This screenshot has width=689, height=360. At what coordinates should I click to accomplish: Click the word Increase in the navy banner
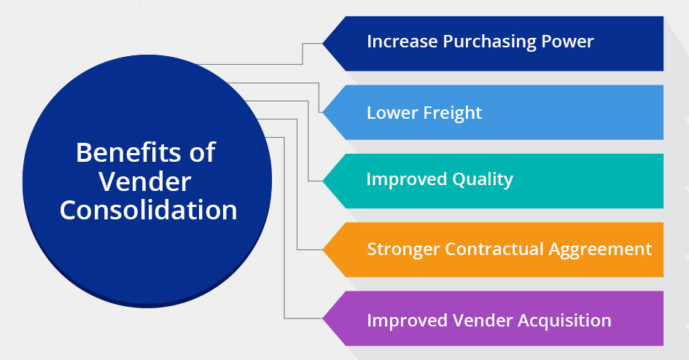(402, 42)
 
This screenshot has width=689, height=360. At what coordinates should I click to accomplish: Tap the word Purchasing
(489, 42)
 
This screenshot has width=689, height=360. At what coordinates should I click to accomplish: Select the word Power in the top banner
(567, 42)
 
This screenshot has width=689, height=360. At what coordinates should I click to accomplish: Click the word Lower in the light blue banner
(392, 113)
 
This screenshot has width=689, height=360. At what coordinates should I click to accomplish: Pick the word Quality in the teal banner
(483, 180)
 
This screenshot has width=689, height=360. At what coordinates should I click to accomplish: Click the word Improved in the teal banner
(407, 180)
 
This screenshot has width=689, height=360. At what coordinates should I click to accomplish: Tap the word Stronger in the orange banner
(403, 250)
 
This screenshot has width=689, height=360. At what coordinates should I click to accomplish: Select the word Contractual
(494, 249)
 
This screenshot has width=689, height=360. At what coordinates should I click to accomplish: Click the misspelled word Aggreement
(600, 250)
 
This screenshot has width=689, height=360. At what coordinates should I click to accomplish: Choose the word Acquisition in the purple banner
(564, 321)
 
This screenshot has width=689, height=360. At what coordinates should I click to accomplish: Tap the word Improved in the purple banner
(408, 321)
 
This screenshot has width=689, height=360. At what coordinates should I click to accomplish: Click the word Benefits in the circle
(128, 152)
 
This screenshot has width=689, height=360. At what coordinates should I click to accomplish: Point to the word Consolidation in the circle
(149, 210)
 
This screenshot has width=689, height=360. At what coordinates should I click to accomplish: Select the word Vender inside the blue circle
(144, 181)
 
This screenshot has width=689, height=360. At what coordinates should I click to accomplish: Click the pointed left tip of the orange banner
(323, 250)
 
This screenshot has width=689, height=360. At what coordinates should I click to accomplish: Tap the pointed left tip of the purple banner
(323, 318)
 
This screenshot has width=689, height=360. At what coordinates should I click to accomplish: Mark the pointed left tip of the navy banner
(323, 44)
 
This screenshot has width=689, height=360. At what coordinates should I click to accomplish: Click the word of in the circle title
(202, 152)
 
